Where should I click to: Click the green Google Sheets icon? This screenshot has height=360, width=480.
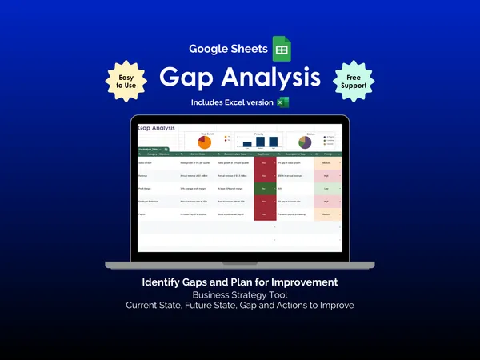point(282,49)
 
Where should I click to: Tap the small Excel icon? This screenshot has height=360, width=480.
point(282,102)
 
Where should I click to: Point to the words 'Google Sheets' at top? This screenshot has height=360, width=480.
point(228,49)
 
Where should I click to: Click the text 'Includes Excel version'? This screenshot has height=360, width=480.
point(232,102)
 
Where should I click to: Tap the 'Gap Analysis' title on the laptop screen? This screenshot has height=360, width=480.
point(157,127)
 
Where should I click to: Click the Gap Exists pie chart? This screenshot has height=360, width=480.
point(204,141)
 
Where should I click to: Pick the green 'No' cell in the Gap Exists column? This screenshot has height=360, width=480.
point(263,188)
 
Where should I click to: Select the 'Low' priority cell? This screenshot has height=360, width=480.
point(327,188)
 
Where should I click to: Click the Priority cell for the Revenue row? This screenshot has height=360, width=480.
point(327,175)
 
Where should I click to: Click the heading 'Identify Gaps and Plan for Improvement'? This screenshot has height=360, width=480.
point(240,282)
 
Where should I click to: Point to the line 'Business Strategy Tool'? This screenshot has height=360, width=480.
point(240,294)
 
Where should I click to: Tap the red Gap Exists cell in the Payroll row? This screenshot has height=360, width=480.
point(263,214)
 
